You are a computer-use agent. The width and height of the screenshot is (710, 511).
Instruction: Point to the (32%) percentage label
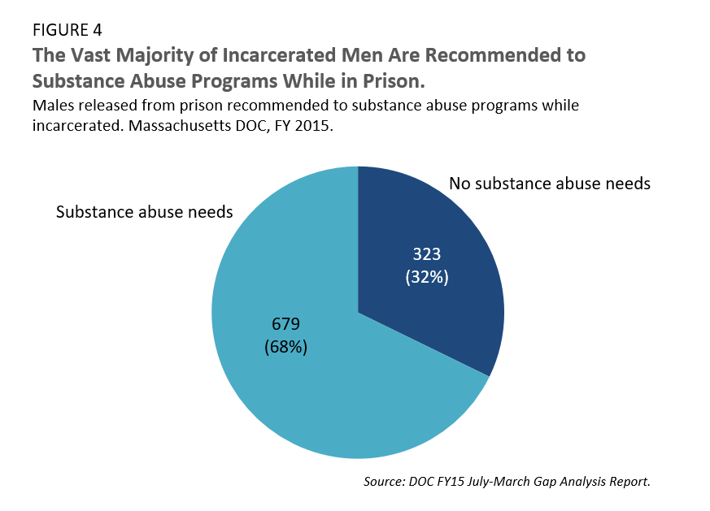tap(428, 276)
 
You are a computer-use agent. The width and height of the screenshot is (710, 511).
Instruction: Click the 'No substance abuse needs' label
tap(550, 184)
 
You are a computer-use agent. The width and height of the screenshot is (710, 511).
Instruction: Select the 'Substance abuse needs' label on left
tap(144, 212)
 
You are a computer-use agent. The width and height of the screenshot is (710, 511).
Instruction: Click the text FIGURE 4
tap(67, 32)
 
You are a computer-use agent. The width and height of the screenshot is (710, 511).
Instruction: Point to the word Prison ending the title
tap(394, 82)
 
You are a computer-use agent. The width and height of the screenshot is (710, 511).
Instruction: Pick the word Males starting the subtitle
tap(53, 106)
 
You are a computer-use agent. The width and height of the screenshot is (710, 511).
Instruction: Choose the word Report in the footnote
tap(626, 482)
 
